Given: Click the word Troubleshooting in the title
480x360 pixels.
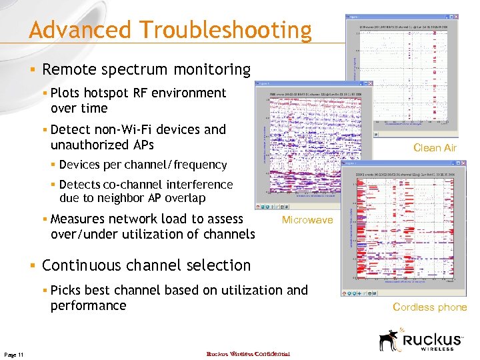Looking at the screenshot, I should coord(225,31).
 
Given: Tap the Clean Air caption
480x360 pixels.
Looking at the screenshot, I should coord(435,148).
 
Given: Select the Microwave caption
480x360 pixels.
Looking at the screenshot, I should coord(307,220).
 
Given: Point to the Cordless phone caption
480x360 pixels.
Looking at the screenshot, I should coord(430,307).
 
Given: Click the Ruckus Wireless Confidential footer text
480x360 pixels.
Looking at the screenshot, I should coord(248,353).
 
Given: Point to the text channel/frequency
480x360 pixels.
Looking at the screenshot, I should coord(177,165).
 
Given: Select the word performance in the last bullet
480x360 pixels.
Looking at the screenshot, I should coord(88,305).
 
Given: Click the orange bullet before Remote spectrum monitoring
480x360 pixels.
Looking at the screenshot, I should coord(32,69).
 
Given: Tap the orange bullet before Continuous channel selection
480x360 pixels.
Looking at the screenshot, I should coord(32,265).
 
